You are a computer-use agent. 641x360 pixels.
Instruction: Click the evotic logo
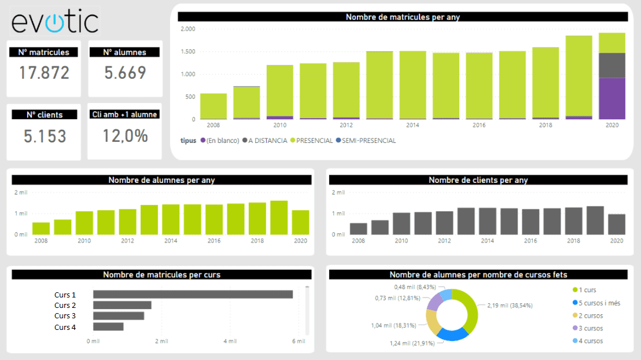[55, 21]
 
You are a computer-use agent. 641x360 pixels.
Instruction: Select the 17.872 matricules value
[44, 73]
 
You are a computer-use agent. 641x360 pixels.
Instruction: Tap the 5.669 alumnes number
[125, 73]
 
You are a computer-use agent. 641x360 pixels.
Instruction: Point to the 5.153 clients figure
[45, 136]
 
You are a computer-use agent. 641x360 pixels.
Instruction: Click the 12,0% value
[125, 136]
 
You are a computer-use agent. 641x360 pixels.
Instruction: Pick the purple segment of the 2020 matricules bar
[612, 98]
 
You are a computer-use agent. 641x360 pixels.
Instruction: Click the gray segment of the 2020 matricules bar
[612, 65]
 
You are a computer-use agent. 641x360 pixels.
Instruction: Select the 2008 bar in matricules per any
[213, 106]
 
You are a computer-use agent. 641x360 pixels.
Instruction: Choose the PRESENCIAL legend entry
[314, 141]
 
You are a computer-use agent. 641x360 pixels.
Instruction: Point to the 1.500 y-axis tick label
[188, 52]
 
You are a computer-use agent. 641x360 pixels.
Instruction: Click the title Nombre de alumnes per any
[161, 180]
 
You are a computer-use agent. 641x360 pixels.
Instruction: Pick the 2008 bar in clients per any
[359, 229]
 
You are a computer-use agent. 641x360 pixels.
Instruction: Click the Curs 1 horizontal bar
[193, 295]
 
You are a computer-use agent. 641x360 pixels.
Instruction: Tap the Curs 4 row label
[65, 327]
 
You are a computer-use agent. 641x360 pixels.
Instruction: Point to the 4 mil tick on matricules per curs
[229, 341]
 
